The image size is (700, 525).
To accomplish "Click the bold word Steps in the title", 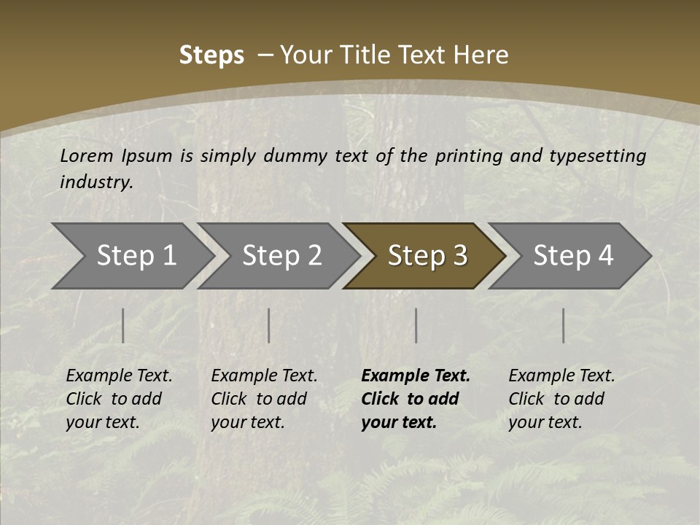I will [x=211, y=55].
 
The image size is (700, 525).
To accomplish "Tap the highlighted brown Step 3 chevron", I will [x=427, y=256].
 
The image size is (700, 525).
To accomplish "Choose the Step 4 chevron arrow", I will [x=573, y=256].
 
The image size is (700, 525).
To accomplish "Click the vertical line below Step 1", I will [x=123, y=325].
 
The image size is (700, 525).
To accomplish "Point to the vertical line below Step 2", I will [x=269, y=325].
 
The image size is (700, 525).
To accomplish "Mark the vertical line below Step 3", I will [x=416, y=325].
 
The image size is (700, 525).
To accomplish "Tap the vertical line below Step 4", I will [x=564, y=325].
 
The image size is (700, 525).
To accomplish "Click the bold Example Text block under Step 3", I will [x=416, y=399].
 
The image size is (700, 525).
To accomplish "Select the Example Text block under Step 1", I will [x=119, y=399].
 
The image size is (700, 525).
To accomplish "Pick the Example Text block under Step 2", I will [x=264, y=399].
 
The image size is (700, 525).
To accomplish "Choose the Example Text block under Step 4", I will [x=561, y=399].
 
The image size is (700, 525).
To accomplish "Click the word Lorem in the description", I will [x=87, y=155].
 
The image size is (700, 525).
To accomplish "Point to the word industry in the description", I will [x=96, y=182].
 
